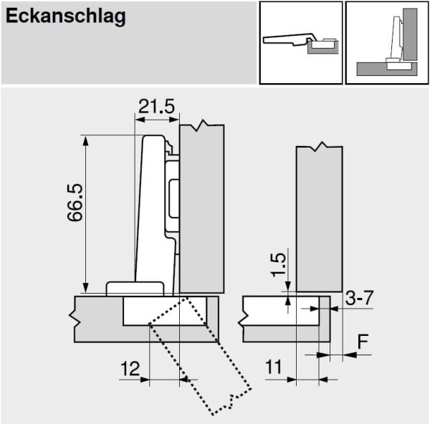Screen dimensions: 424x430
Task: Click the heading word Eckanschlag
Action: point(66,17)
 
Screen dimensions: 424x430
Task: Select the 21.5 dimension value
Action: point(156,107)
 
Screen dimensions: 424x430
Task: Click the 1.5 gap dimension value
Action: point(279,265)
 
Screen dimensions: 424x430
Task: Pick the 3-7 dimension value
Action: point(359,298)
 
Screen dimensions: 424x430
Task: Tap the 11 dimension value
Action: point(274,368)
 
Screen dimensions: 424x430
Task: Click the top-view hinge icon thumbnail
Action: point(300,42)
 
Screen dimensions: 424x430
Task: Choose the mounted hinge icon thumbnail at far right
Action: point(387,42)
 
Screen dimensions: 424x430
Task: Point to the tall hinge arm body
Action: point(150,208)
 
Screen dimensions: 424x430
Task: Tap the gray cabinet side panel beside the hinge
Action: point(201,208)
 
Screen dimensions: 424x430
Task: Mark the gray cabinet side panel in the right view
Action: point(319,215)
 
